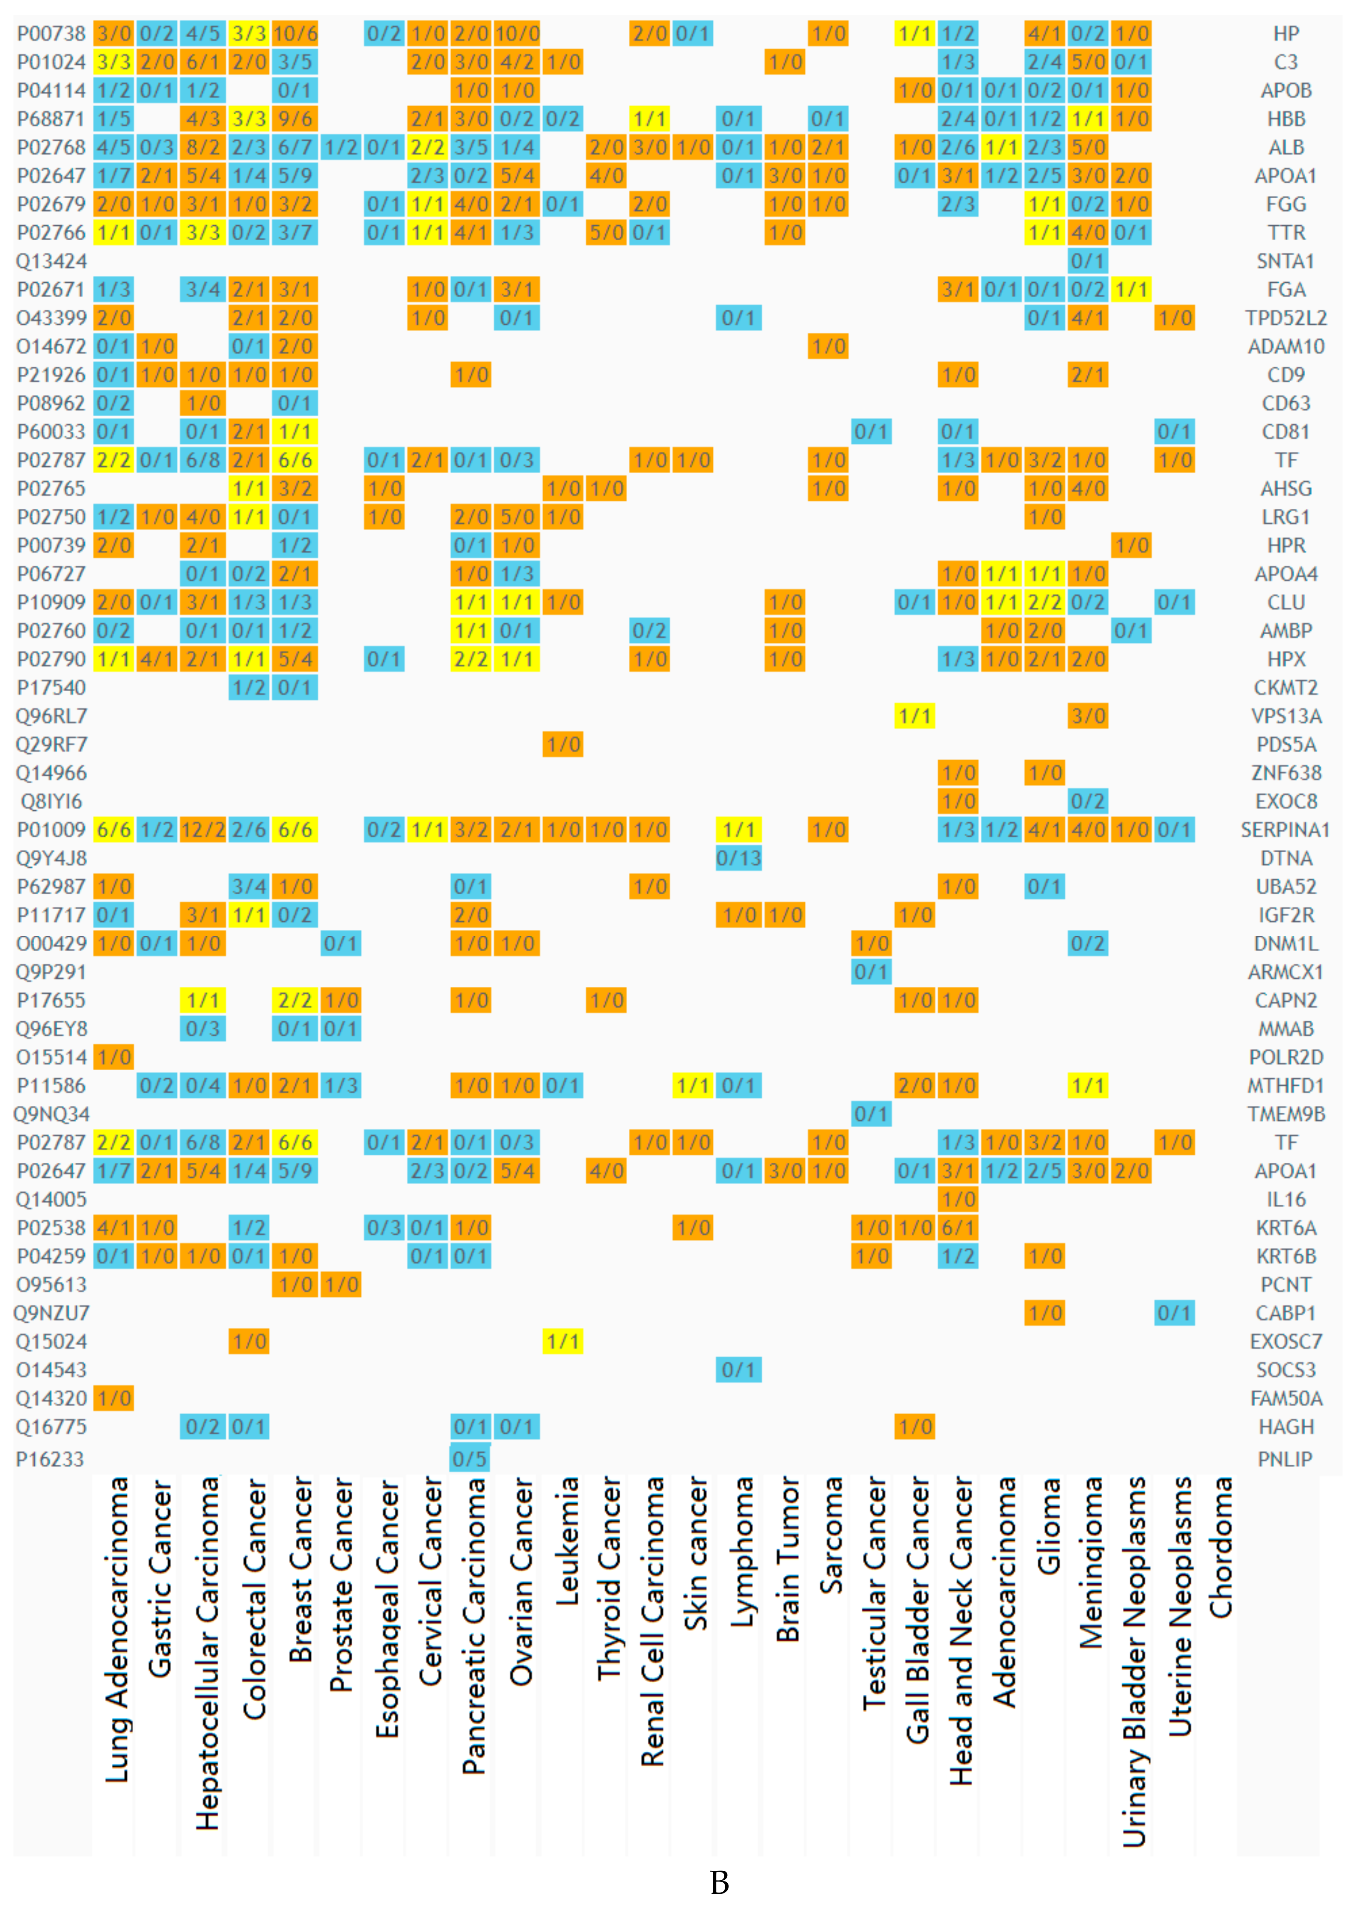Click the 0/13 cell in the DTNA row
(738, 858)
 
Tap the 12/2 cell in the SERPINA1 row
(203, 830)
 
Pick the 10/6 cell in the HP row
(295, 33)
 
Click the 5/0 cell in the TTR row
(606, 233)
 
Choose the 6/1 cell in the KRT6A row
(958, 1227)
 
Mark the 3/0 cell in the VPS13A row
(1088, 716)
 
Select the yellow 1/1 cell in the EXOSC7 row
(562, 1341)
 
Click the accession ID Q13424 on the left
(51, 261)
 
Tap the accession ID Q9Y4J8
(51, 858)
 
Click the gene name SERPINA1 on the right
(1285, 830)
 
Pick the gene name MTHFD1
(1285, 1086)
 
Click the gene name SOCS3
(1285, 1369)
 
